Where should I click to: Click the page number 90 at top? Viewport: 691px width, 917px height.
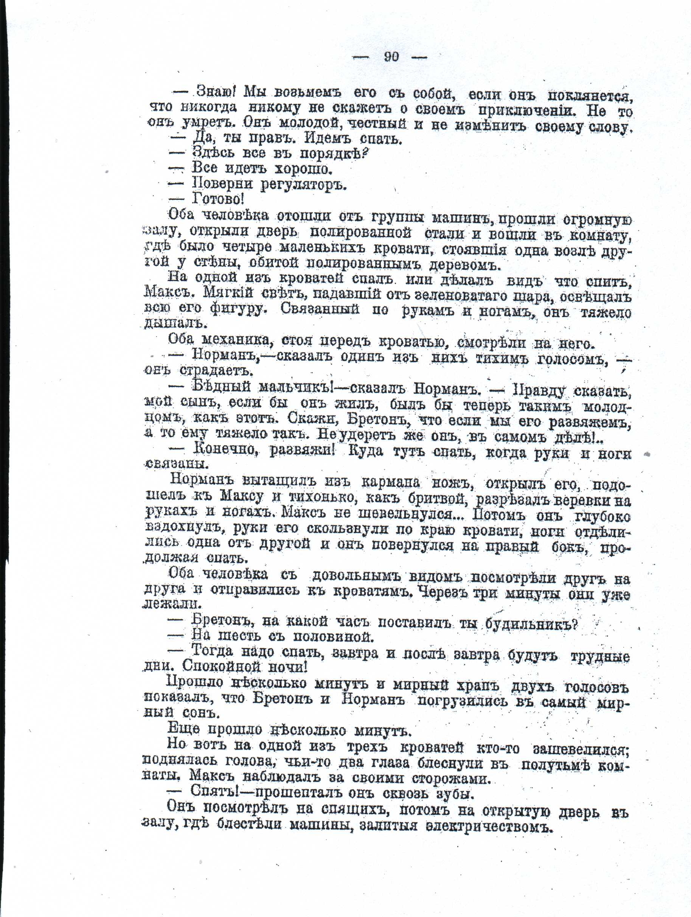[391, 57]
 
